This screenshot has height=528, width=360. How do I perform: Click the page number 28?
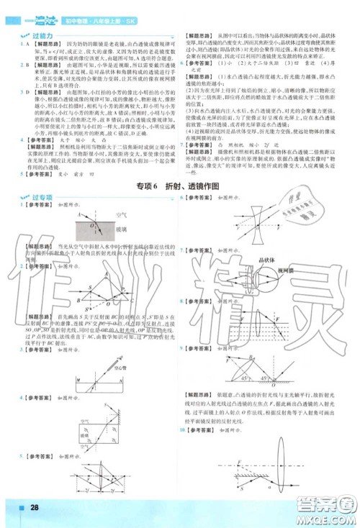click(x=34, y=509)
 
